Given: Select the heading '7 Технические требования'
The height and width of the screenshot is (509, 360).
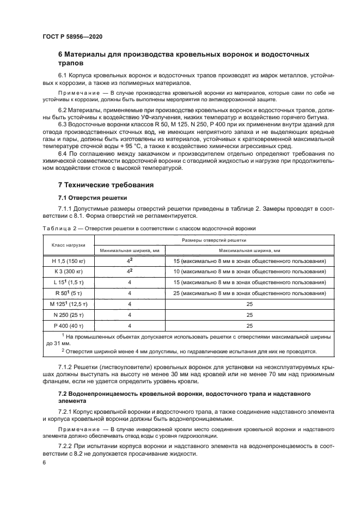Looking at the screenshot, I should pyautogui.click(x=106, y=185).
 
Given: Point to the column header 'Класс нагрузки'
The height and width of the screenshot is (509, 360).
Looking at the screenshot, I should pyautogui.click(x=69, y=245).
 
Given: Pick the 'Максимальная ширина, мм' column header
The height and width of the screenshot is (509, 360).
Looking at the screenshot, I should pyautogui.click(x=249, y=250).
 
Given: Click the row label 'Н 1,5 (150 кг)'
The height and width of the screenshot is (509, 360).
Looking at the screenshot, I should pyautogui.click(x=69, y=261).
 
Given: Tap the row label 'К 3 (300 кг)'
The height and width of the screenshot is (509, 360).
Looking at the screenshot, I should pyautogui.click(x=69, y=272).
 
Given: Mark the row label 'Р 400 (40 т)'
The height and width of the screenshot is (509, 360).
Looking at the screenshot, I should pyautogui.click(x=69, y=325).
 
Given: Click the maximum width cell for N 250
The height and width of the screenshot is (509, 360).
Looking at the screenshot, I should pyautogui.click(x=249, y=315).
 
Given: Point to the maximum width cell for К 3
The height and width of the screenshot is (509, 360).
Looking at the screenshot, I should pyautogui.click(x=249, y=272).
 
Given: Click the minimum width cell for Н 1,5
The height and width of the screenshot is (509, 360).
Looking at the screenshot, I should pyautogui.click(x=129, y=261).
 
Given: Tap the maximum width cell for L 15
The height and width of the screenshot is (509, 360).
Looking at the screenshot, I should pyautogui.click(x=249, y=283).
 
